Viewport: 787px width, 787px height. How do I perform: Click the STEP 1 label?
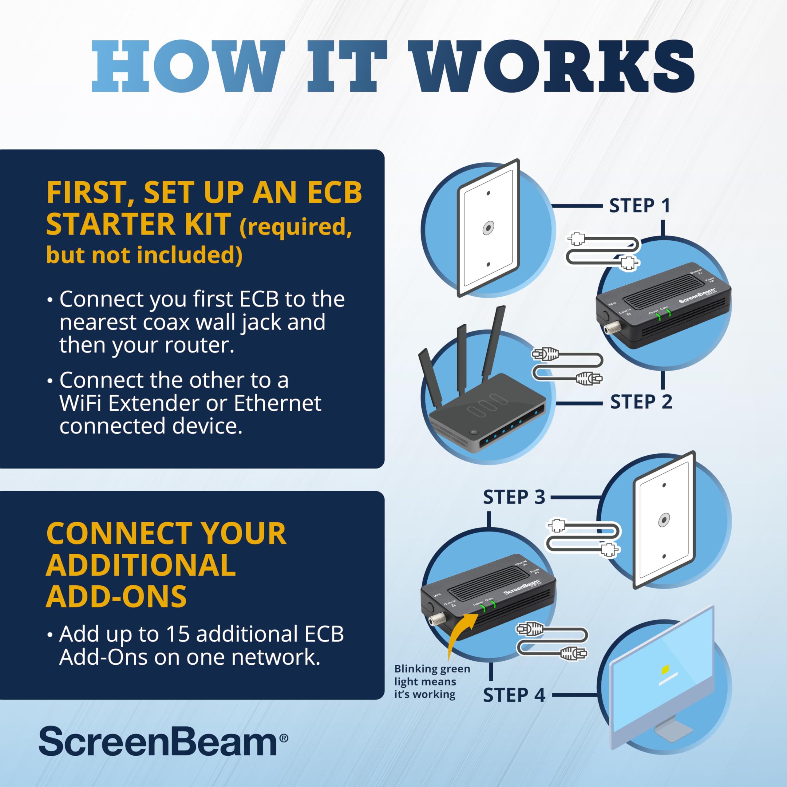(639, 206)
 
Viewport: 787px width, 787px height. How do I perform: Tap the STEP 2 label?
(641, 402)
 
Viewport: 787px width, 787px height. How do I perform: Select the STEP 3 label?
(514, 497)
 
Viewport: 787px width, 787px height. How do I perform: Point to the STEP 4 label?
(514, 695)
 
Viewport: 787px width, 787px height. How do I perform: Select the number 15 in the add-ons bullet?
(178, 634)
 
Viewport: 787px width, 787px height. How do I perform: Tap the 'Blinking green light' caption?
(432, 682)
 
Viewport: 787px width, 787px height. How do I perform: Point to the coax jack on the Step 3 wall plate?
(664, 520)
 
